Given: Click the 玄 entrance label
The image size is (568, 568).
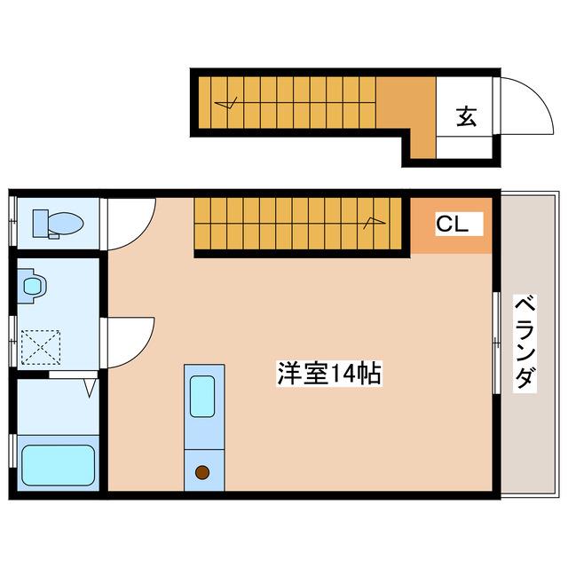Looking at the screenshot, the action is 466,116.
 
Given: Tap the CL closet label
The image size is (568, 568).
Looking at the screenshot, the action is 452,225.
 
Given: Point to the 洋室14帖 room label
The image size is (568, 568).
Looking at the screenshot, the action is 329,374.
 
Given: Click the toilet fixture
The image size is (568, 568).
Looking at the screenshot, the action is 58,224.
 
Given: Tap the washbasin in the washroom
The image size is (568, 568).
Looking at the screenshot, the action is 32,286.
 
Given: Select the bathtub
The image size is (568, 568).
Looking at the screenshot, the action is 59,465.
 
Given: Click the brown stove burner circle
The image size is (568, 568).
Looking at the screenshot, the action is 202,472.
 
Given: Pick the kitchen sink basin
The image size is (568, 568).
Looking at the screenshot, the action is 202,397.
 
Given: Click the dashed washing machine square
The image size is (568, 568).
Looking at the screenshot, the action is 41,347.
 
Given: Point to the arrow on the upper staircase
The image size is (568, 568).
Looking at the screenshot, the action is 225,103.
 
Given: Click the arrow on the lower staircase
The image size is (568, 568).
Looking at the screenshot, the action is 375,223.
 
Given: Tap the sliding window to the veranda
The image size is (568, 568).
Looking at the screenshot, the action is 496,343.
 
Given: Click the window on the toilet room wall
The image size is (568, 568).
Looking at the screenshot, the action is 13,221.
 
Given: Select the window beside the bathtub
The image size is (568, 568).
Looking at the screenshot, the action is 13,451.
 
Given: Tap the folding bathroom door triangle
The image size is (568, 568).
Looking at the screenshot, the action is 91,388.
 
